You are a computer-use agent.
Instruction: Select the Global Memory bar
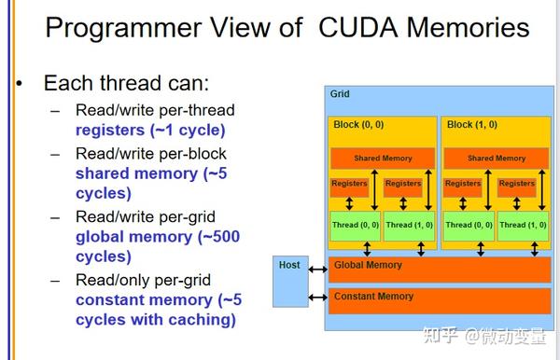click(x=439, y=269)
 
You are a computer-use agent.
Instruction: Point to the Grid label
click(x=340, y=94)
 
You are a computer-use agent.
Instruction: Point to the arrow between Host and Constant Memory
click(x=317, y=298)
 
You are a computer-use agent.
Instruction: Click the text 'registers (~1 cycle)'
click(x=149, y=131)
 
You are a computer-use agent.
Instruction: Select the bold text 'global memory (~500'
click(x=157, y=237)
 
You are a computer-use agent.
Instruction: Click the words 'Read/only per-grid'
click(x=143, y=280)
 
